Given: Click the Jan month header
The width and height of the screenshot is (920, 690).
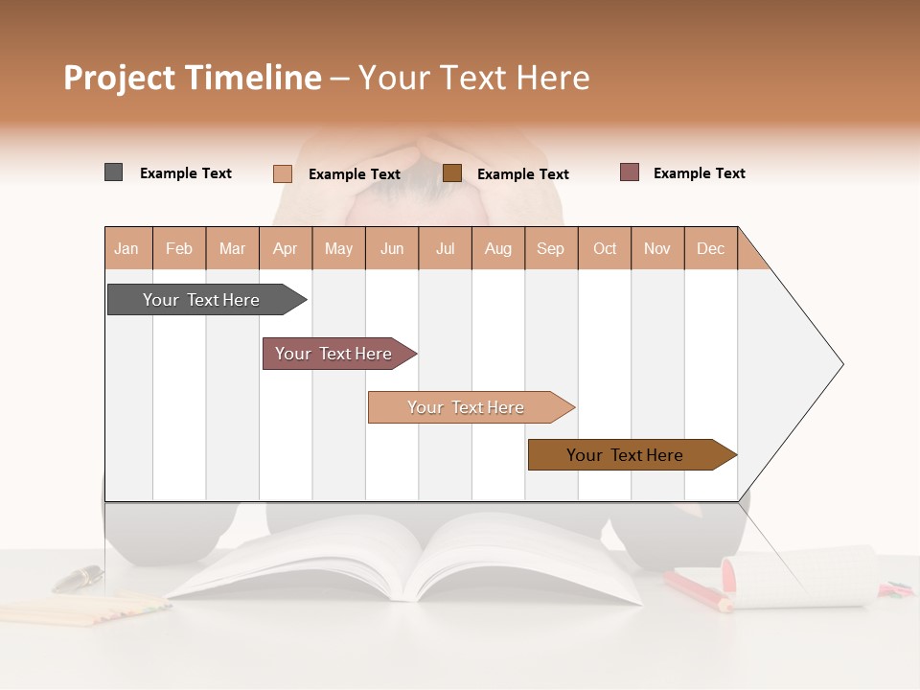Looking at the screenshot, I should click(126, 248).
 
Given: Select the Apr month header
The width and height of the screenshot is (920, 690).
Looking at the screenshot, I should click(286, 248).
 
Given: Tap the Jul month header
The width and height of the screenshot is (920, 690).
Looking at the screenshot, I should click(445, 248).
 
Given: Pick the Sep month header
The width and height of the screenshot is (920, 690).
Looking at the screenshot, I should click(550, 248).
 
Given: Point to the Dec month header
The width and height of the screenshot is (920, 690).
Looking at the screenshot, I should click(710, 248).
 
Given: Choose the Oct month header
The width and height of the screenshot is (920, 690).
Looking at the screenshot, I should click(605, 248).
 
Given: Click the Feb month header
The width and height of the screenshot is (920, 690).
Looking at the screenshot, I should click(179, 248).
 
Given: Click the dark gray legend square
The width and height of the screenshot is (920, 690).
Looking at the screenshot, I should click(113, 172).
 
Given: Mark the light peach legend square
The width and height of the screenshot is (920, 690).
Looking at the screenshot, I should click(283, 173).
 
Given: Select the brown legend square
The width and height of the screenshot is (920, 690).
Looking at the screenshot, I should click(452, 172).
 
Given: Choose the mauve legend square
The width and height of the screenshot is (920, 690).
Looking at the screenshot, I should click(630, 172).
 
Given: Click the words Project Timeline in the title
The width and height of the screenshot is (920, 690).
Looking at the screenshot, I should click(193, 78).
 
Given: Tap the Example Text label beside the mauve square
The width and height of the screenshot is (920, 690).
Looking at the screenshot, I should click(699, 173).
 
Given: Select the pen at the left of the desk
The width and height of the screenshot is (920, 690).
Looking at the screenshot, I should click(78, 577).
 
